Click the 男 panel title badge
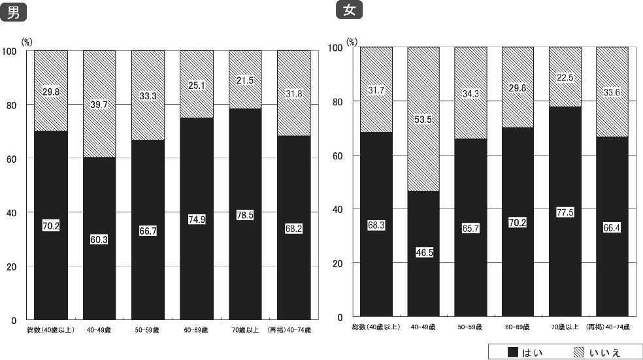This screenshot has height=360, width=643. pos(12,13)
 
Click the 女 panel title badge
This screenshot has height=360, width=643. pos(349,10)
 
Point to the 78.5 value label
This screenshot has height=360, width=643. pos(246,215)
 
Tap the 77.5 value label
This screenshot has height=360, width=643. pos(565,212)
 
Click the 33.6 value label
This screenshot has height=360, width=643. pos(612,91)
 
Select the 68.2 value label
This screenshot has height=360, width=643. pos(294,229)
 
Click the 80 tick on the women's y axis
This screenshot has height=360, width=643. pos(337,102)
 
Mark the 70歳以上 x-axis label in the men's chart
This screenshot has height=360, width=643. pos(246,330)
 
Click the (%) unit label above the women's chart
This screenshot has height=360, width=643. pos(353,40)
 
